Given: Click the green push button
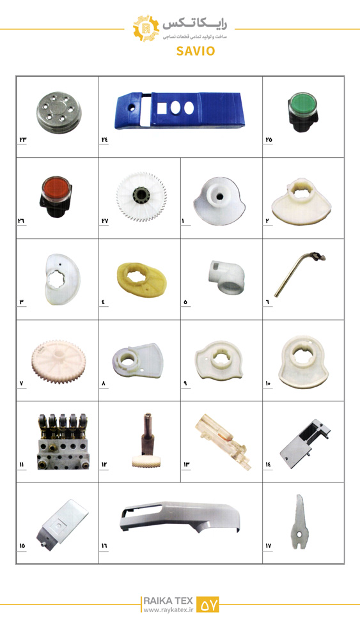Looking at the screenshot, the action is click(303, 112).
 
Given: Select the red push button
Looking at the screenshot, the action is click(56, 196).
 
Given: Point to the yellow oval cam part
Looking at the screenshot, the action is click(141, 280).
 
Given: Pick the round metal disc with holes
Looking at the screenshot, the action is click(58, 111).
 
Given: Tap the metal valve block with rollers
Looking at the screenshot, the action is click(63, 442).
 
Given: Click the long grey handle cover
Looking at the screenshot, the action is click(180, 516).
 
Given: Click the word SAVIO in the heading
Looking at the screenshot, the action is click(196, 51).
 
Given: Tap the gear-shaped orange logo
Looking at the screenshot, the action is click(146, 28).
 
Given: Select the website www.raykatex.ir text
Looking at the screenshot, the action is click(167, 610).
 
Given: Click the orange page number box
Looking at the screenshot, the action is click(208, 604).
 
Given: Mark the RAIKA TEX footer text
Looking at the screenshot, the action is click(167, 601).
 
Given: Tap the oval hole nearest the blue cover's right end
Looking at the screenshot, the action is click(189, 107).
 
